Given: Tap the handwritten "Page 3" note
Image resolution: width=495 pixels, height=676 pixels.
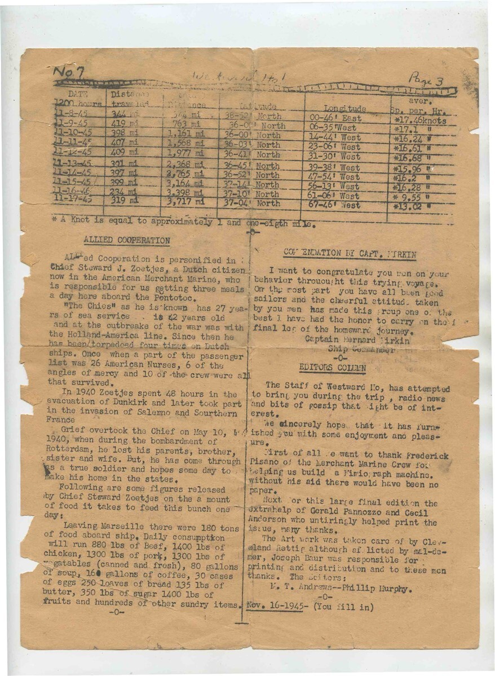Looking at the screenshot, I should click(426, 79).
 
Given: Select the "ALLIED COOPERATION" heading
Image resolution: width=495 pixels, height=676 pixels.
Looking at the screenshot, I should click(126, 240).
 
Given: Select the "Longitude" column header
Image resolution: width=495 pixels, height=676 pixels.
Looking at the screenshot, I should click(345, 108).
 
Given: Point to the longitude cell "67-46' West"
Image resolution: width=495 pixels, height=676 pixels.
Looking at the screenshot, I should click(334, 205).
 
